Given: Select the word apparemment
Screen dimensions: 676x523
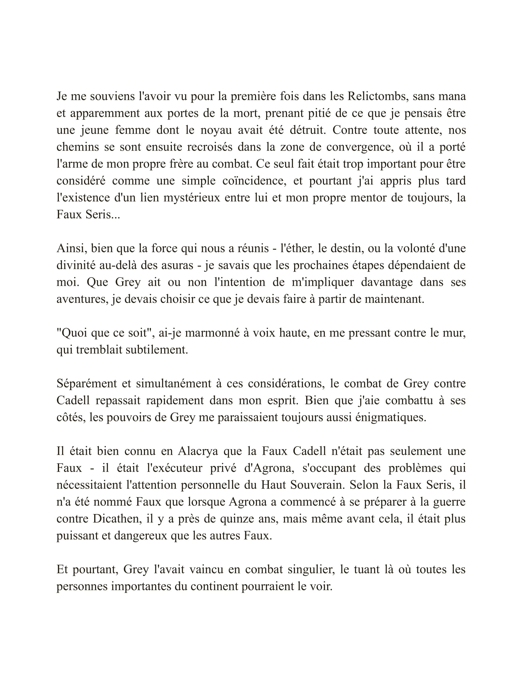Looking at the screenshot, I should click(105, 114).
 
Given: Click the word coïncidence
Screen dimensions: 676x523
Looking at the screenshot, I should click(254, 181).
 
